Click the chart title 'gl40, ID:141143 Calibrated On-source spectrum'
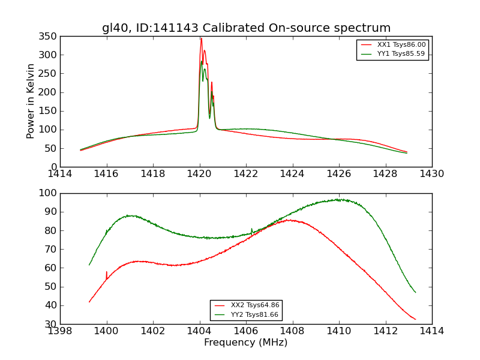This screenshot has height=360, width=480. [x=246, y=28]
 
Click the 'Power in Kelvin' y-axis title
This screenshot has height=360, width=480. [x=31, y=101]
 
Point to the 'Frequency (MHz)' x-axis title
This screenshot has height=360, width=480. [x=246, y=343]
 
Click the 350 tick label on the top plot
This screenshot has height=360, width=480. [x=49, y=36]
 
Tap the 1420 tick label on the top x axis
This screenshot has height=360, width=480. [x=199, y=174]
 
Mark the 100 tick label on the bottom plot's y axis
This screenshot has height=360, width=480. [x=49, y=193]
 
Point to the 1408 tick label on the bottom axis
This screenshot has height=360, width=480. [x=292, y=331]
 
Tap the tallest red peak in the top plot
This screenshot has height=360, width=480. [x=201, y=38]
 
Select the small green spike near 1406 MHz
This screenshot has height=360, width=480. [x=252, y=229]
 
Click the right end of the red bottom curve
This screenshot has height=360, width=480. [x=415, y=319]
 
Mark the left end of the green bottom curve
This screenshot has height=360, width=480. [x=89, y=265]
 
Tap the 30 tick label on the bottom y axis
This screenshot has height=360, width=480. [x=51, y=324]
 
